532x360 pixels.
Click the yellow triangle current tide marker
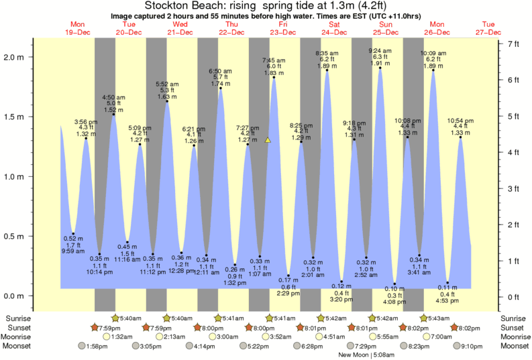pos(268,140)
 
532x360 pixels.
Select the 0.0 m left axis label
pos(19,296)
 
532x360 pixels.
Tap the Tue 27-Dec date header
pos(488,27)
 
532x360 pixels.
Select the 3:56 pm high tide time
pos(86,121)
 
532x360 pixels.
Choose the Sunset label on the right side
pos(512,327)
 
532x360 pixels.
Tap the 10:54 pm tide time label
pos(461,121)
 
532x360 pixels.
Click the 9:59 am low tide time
pos(73,251)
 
